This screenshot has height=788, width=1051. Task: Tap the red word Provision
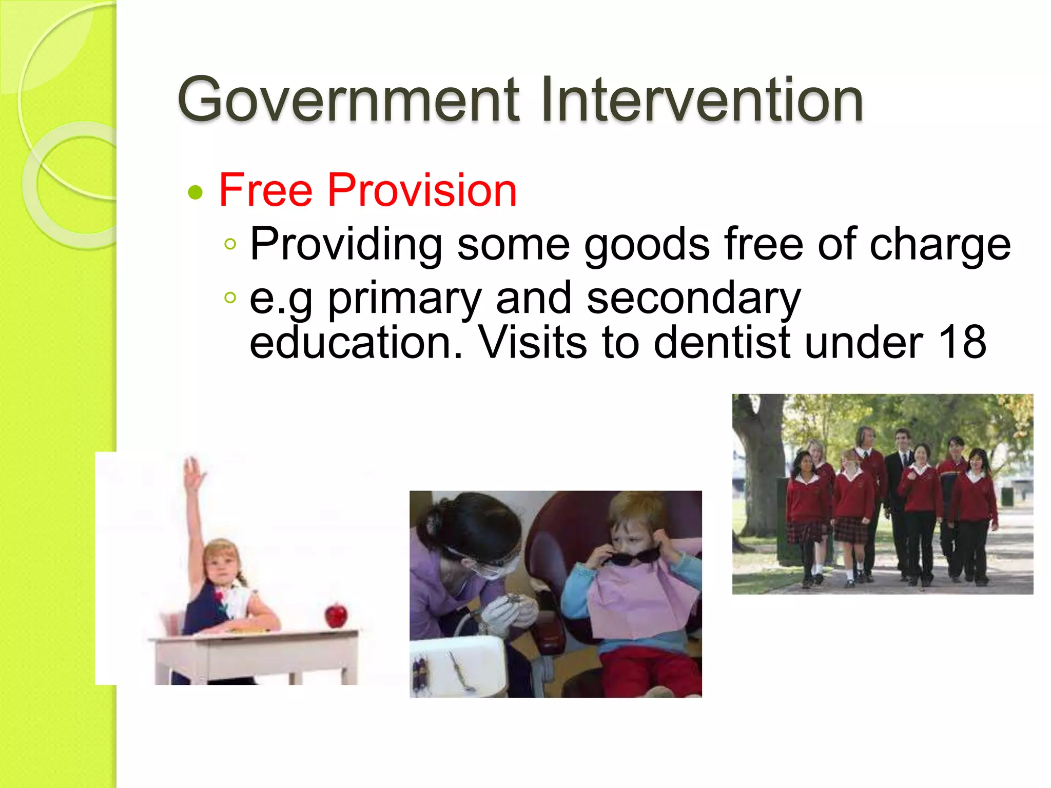tap(422, 190)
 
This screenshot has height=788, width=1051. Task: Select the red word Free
tap(266, 190)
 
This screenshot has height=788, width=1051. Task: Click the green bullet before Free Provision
tap(196, 193)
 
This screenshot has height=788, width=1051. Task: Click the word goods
tap(647, 245)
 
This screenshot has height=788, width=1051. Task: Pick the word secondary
tap(693, 299)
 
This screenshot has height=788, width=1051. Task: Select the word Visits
tap(533, 343)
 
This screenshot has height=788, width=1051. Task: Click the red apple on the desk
tap(336, 615)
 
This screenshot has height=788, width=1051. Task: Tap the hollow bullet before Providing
tap(230, 244)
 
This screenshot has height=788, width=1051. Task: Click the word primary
tap(404, 299)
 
